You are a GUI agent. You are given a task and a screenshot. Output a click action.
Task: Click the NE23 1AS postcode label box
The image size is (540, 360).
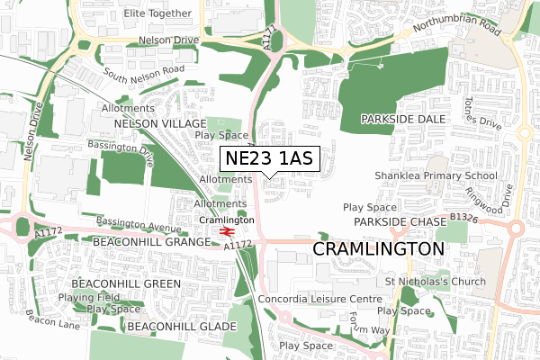point(269,158)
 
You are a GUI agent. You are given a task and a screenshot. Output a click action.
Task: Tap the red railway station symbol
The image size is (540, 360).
point(226,231)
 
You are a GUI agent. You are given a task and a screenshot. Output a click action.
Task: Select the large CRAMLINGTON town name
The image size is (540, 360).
point(378,247)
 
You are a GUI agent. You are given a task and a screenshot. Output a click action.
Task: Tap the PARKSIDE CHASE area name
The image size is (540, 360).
point(400,221)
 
